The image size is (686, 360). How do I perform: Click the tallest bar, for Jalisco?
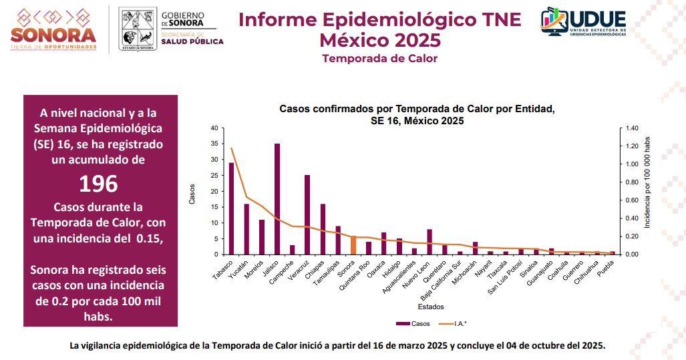pos(277,199)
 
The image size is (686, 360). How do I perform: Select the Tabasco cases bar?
pos(232,208)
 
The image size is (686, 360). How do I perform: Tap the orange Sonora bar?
pos(353,245)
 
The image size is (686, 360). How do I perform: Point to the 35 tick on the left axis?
pos(214,144)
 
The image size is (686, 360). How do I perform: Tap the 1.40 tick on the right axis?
pos(631,128)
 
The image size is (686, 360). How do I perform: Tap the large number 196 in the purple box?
pos(98,183)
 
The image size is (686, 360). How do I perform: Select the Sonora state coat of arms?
pos(136,29)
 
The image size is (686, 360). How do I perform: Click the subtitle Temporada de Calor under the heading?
pos(379,58)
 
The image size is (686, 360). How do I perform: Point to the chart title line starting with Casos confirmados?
pos(417,108)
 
